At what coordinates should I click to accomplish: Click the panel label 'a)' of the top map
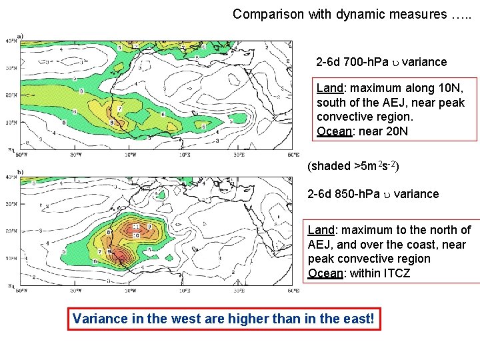pyautogui.click(x=20, y=36)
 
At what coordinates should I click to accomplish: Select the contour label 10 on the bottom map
pyautogui.click(x=135, y=235)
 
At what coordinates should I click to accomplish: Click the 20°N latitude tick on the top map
pyautogui.click(x=11, y=95)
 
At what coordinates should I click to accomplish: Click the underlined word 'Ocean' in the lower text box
pyautogui.click(x=324, y=273)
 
